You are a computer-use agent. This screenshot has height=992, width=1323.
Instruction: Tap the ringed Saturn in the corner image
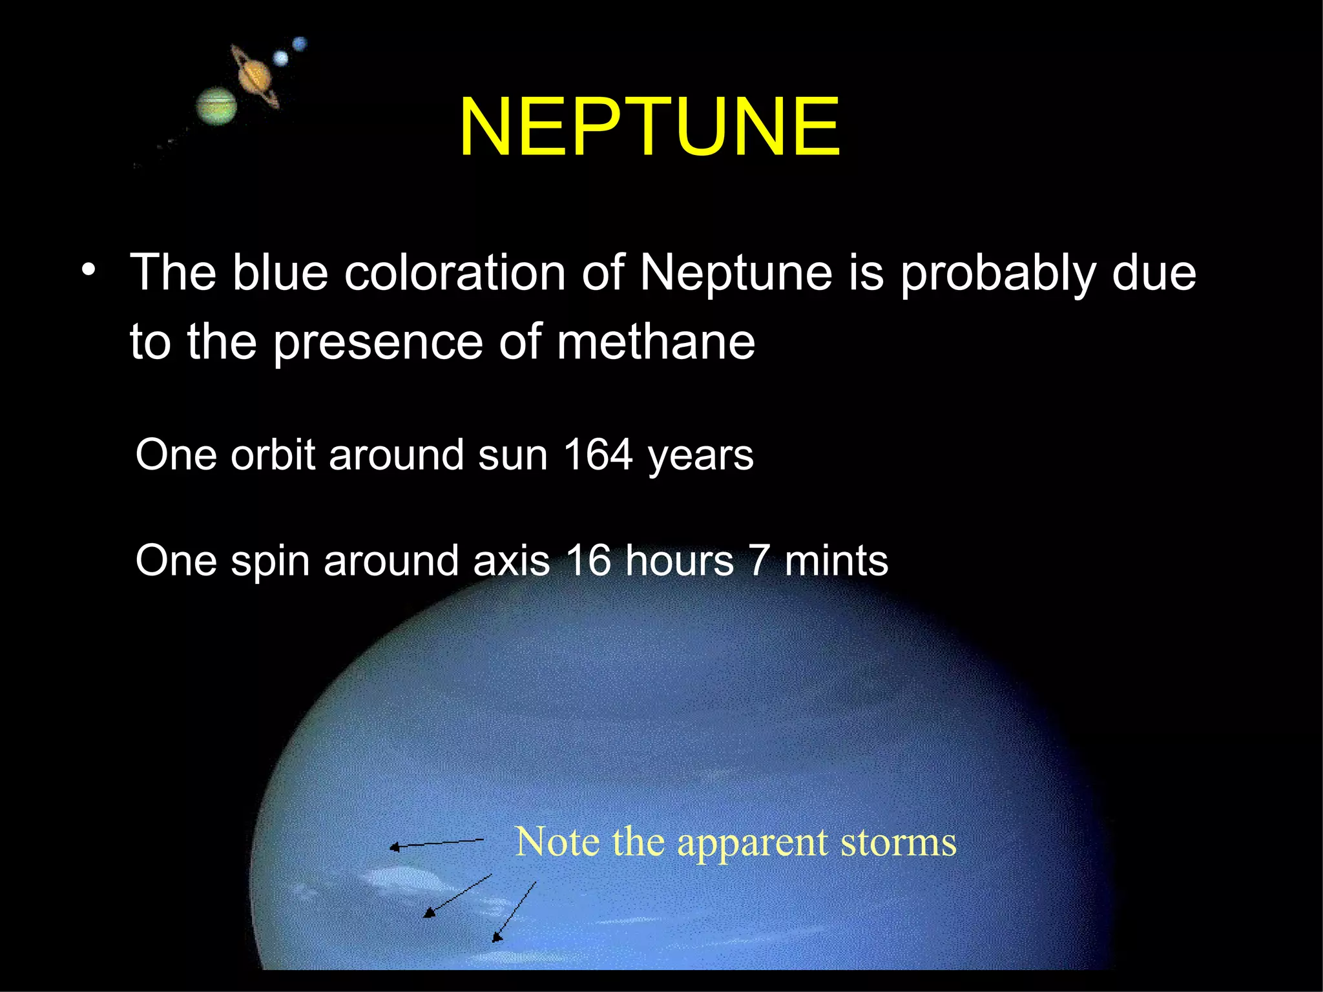[255, 76]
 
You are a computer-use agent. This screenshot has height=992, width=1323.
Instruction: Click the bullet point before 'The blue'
[89, 271]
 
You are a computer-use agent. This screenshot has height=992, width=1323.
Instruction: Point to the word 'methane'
[655, 342]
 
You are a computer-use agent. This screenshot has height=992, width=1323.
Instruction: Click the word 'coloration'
[455, 273]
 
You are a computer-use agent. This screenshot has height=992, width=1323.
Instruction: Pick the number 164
[598, 455]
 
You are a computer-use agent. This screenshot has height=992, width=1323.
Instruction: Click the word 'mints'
[836, 560]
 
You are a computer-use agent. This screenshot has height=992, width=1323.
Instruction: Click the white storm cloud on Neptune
[401, 878]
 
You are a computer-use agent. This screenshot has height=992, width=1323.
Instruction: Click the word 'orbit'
[273, 455]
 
